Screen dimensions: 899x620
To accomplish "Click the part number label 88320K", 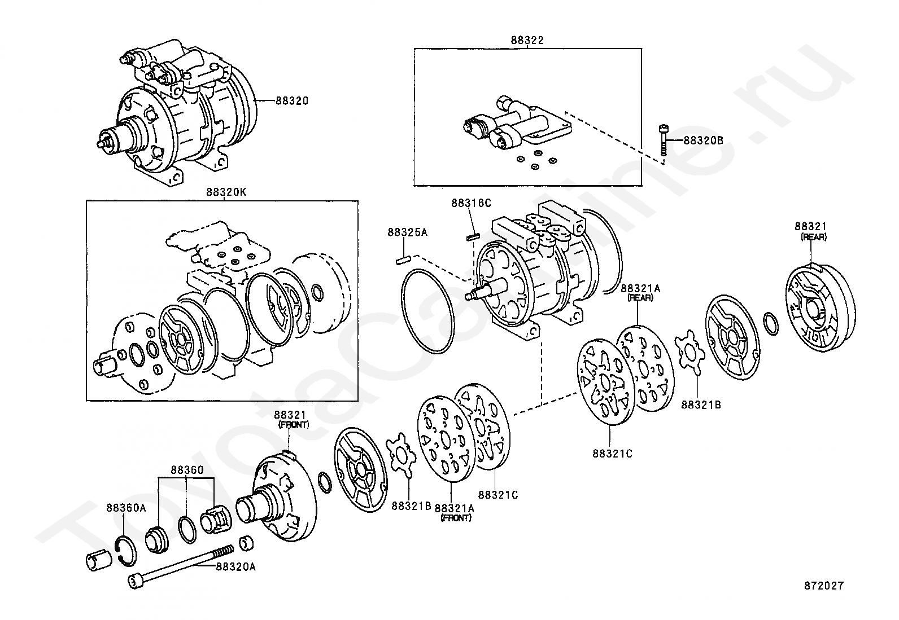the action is tap(226, 192).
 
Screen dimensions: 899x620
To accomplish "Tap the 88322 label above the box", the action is tap(527, 40).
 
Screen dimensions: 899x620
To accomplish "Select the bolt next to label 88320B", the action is tap(663, 140).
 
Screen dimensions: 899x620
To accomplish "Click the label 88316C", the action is tap(471, 203).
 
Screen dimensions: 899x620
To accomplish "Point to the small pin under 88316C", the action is tap(473, 237).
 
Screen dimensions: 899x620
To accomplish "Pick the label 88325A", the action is tap(407, 232).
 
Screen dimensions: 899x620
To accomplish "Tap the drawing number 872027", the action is tap(824, 586).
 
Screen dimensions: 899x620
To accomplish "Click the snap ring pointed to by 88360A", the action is tap(125, 551).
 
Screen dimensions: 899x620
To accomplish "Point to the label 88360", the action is tap(187, 469).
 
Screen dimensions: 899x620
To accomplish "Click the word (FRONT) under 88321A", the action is tap(456, 518).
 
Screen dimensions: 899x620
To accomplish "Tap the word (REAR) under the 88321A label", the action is tap(640, 297).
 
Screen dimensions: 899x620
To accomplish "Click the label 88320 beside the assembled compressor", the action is tap(292, 100).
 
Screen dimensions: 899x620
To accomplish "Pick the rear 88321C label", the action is tap(613, 454).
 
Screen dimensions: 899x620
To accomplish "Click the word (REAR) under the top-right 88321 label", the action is tap(814, 237).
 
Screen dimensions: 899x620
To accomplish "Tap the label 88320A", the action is tap(235, 566).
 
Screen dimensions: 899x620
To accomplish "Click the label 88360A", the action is tap(126, 508).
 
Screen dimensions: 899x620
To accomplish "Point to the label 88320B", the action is tap(703, 140).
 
